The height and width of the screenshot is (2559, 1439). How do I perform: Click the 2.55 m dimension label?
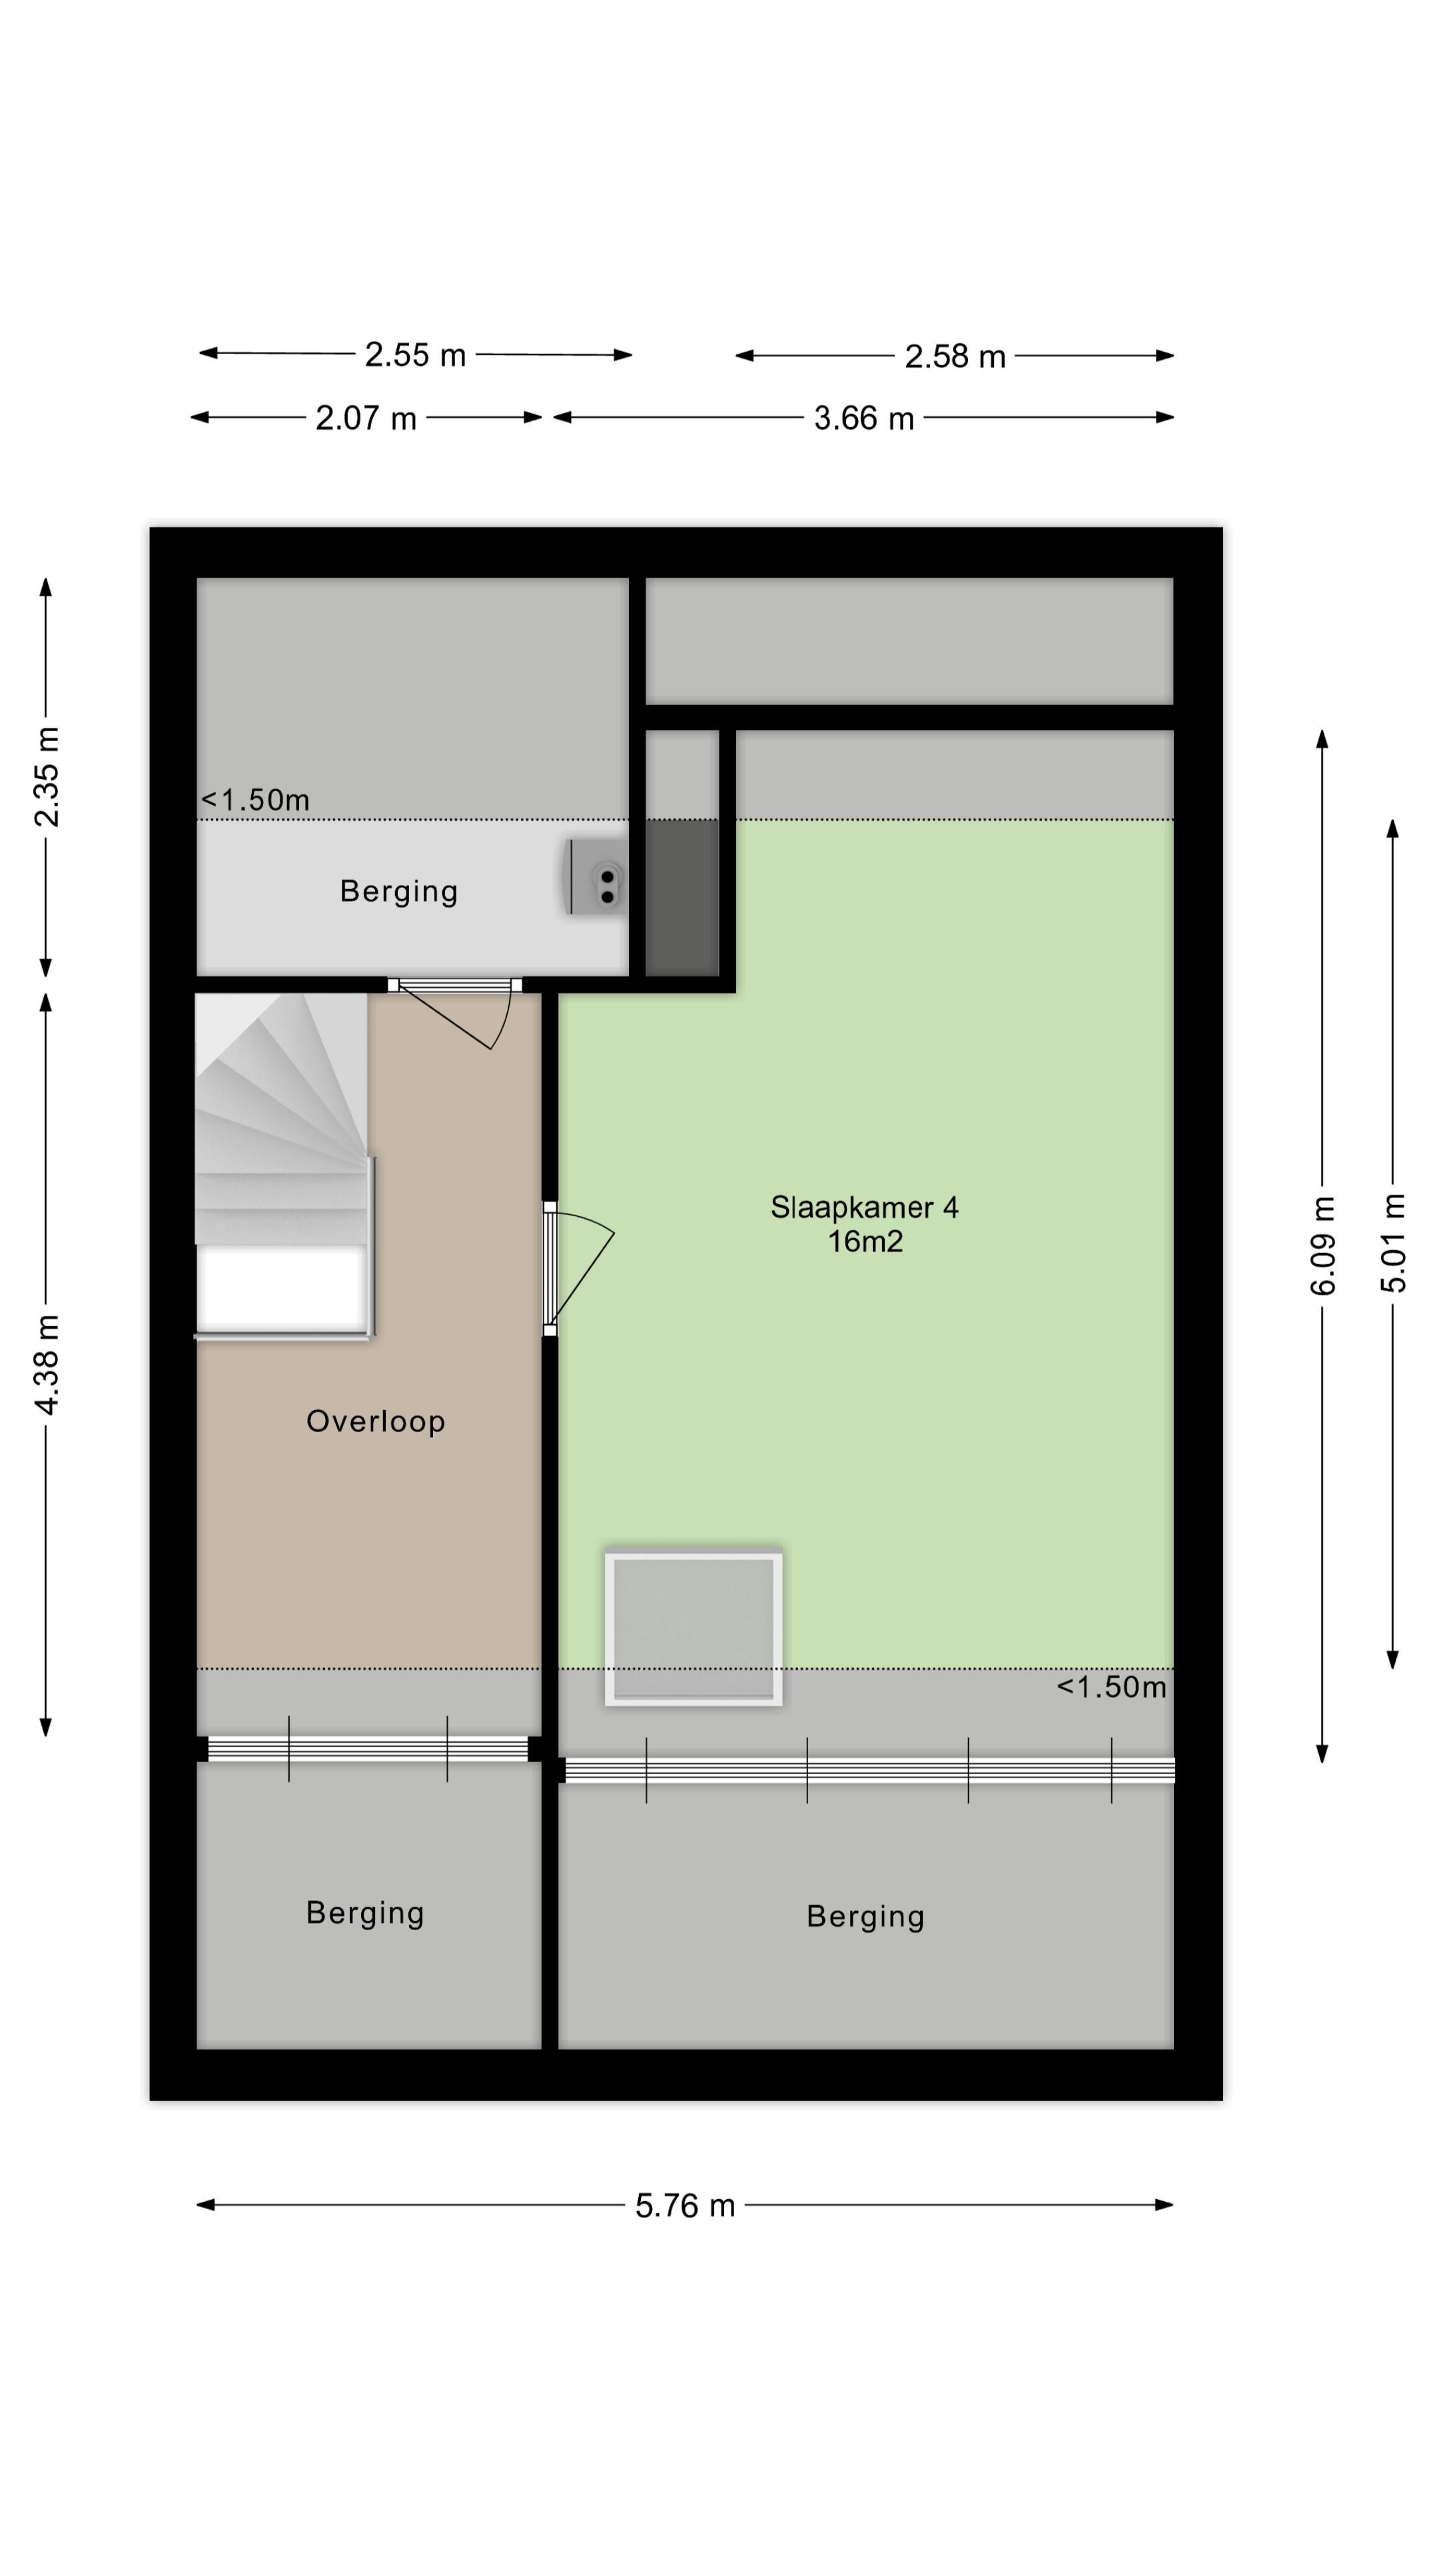pyautogui.click(x=415, y=355)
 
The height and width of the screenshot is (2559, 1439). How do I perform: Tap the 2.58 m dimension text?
pyautogui.click(x=955, y=356)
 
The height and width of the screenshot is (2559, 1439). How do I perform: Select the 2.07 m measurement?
pyautogui.click(x=366, y=419)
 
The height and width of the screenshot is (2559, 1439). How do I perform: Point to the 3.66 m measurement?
pyautogui.click(x=863, y=419)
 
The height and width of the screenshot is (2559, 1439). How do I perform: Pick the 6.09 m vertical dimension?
pyautogui.click(x=1323, y=1246)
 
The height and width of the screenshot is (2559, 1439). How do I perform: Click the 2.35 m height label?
pyautogui.click(x=47, y=776)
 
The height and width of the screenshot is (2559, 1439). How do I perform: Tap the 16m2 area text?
pyautogui.click(x=865, y=1242)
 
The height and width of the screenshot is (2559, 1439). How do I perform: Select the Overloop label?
pyautogui.click(x=375, y=1421)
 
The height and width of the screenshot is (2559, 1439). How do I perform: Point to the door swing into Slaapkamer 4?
pyautogui.click(x=580, y=1269)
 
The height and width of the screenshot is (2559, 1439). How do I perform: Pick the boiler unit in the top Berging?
pyautogui.click(x=596, y=876)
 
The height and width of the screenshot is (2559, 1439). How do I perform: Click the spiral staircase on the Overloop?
pyautogui.click(x=284, y=1166)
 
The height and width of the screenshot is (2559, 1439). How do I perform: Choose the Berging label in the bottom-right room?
pyautogui.click(x=865, y=1917)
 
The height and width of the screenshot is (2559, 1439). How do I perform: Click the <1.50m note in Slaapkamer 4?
pyautogui.click(x=1111, y=1687)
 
